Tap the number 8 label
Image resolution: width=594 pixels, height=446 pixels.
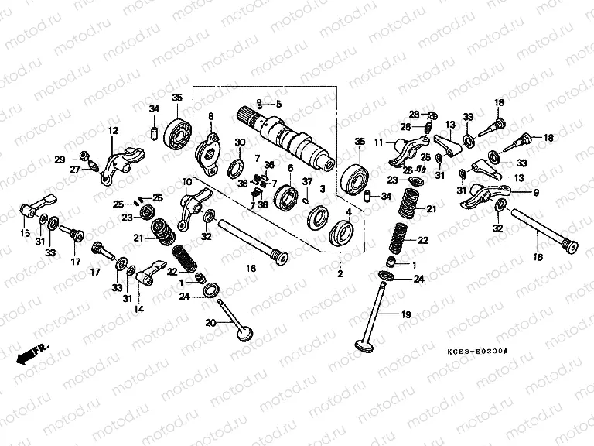(x=210, y=116)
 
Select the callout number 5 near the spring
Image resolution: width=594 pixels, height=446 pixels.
(x=279, y=104)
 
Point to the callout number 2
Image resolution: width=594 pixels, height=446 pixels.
(x=338, y=274)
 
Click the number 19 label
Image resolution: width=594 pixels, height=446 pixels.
(x=405, y=315)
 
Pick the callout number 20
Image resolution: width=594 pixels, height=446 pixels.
(x=210, y=322)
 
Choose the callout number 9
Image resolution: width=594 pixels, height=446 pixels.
(x=537, y=192)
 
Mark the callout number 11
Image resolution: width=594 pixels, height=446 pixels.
(x=380, y=142)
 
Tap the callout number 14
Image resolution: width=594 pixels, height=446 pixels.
(x=139, y=309)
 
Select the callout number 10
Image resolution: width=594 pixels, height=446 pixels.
(x=186, y=182)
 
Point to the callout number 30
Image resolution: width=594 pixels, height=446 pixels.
(x=240, y=142)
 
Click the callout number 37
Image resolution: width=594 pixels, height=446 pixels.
(x=306, y=182)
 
